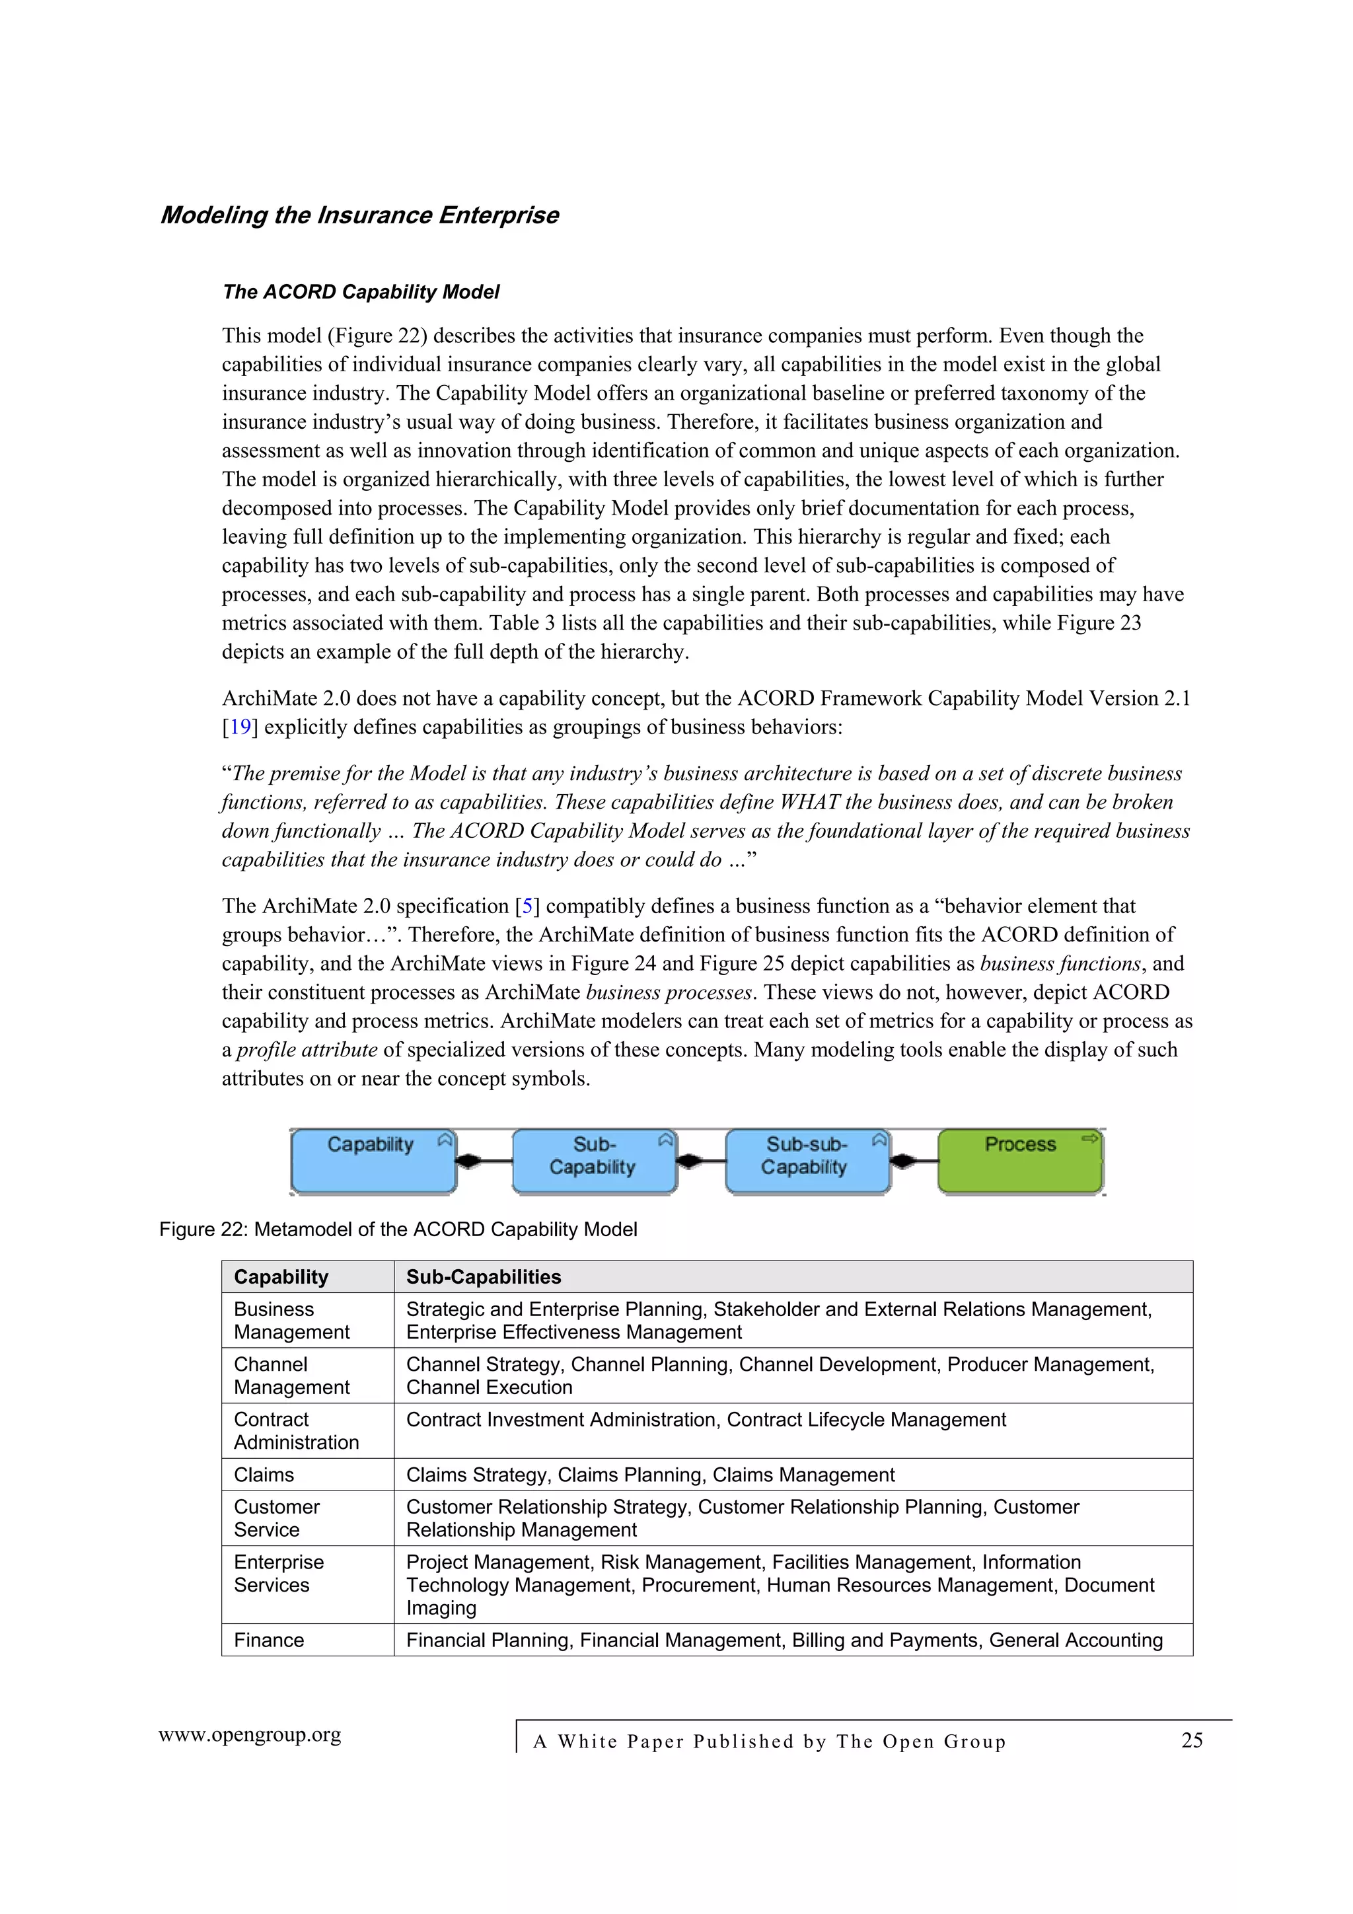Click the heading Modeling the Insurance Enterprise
(359, 215)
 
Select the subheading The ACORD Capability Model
(360, 292)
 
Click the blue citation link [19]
(240, 727)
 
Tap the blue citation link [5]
(527, 906)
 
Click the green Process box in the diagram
(1019, 1160)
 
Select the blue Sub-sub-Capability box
(806, 1160)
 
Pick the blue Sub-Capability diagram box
(593, 1160)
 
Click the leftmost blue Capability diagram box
(373, 1160)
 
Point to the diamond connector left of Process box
(904, 1160)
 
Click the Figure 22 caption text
(398, 1230)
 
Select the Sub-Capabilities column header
(484, 1277)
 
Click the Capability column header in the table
(281, 1277)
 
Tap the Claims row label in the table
(264, 1475)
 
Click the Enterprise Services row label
(278, 1574)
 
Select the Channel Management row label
(291, 1376)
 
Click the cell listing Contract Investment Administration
(706, 1420)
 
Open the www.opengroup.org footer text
(249, 1735)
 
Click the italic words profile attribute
(307, 1050)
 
